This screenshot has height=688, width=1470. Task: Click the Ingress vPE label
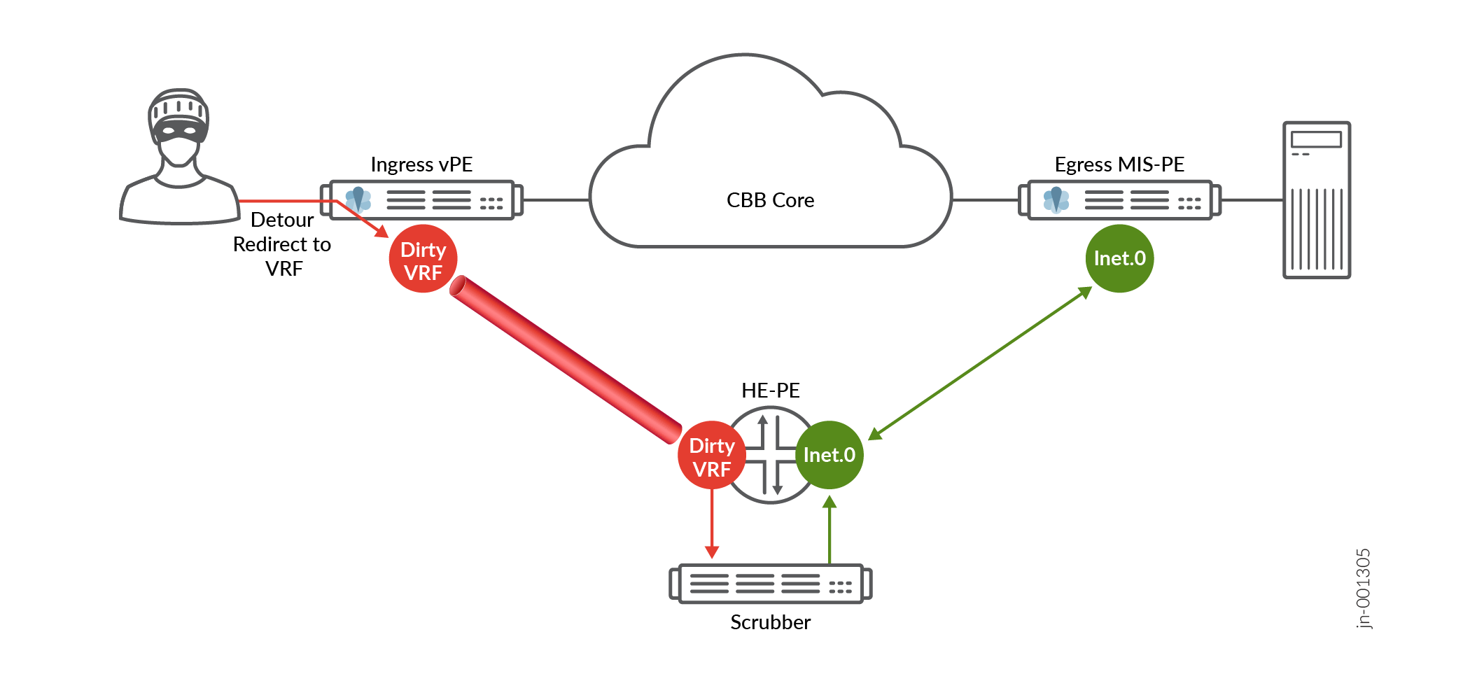click(x=421, y=164)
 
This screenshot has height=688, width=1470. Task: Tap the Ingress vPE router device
click(x=421, y=200)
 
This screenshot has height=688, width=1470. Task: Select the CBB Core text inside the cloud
click(x=770, y=200)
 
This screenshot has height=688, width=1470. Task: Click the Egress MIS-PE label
click(x=1119, y=164)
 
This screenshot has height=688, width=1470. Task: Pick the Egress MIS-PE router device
click(x=1119, y=200)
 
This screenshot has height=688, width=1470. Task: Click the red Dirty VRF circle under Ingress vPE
click(x=423, y=259)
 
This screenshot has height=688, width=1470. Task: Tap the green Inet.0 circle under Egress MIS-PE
click(x=1119, y=258)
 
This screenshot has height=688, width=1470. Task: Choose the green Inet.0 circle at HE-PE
click(x=829, y=455)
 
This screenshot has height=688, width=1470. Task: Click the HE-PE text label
click(x=770, y=391)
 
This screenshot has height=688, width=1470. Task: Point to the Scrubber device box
click(x=770, y=583)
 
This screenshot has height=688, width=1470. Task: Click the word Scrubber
click(x=770, y=622)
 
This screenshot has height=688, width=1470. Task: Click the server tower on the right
click(x=1316, y=200)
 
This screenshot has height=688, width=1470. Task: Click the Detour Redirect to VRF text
click(x=282, y=244)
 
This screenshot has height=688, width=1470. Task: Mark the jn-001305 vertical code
click(x=1363, y=589)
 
